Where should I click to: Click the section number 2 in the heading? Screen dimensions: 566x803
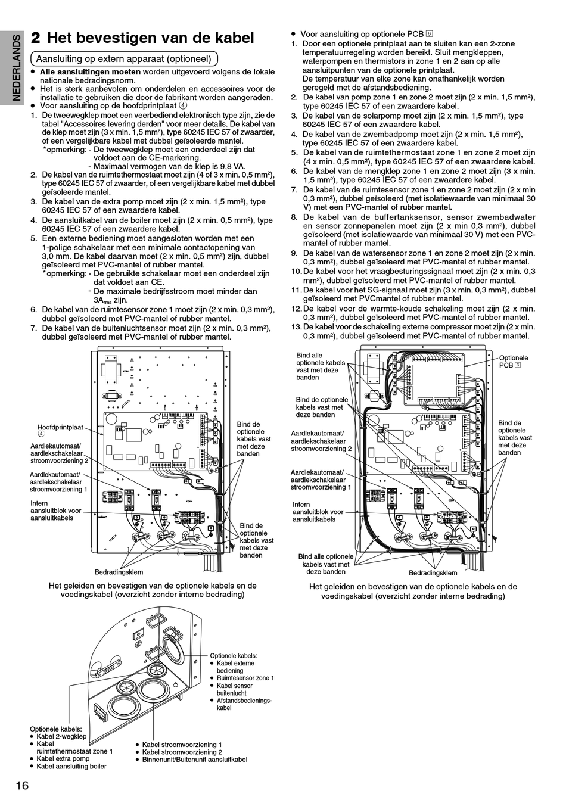click(x=36, y=38)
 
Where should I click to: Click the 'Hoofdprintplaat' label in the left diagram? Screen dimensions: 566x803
click(x=60, y=427)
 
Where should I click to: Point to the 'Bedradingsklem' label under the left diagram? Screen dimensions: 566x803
click(x=119, y=572)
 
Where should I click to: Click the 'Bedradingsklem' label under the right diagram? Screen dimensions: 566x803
click(x=433, y=573)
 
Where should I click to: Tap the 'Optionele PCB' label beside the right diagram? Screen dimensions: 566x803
click(x=513, y=361)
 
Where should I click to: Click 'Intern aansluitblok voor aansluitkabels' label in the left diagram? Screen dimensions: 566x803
click(x=56, y=511)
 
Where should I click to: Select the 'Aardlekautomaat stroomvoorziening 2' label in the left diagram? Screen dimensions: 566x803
click(x=59, y=453)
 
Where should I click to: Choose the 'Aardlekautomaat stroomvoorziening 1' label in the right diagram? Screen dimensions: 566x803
click(x=321, y=480)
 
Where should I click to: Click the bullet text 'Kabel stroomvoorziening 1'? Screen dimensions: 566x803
click(x=182, y=745)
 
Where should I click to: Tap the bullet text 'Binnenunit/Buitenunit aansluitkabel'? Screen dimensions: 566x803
click(x=194, y=760)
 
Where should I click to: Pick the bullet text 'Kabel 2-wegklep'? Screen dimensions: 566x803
click(x=61, y=736)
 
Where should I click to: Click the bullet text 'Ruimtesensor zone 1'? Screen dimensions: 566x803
click(x=245, y=678)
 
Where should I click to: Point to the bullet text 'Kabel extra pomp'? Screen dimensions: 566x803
click(x=63, y=758)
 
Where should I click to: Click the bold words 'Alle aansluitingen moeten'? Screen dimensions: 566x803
click(x=90, y=71)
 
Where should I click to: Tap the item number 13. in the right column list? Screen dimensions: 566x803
click(x=296, y=326)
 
